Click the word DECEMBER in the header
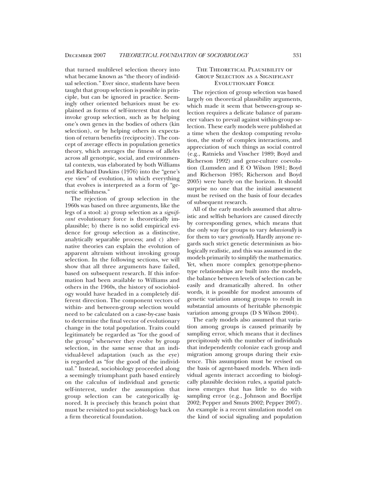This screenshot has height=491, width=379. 79,55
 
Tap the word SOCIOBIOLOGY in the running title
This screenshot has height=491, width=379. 229,55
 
